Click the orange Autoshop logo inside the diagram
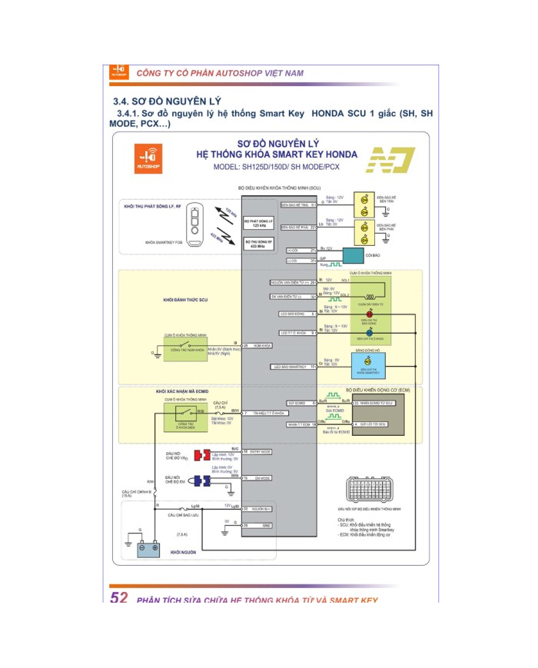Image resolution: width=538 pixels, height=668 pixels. click(148, 157)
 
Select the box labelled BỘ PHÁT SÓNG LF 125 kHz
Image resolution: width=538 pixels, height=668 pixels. click(259, 223)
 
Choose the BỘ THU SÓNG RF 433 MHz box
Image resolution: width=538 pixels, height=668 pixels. click(259, 245)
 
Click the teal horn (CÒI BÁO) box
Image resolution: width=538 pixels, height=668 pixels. click(354, 254)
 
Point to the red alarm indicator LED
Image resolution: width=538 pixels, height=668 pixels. click(369, 314)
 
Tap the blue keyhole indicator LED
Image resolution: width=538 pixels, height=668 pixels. click(369, 333)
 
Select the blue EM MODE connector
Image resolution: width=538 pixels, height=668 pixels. click(202, 481)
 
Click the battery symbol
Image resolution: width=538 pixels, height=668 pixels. click(148, 548)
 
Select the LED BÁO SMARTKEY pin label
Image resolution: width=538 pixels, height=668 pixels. click(288, 367)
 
